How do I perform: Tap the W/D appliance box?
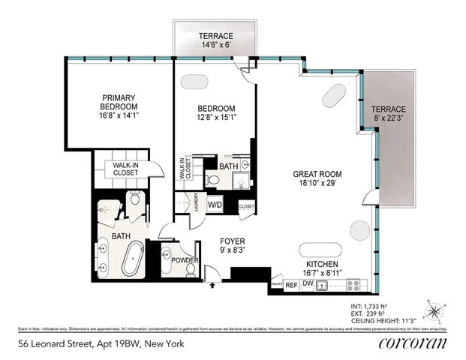(x=215, y=204)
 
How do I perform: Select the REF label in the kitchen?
(x=291, y=286)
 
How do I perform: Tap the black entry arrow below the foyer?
(x=212, y=286)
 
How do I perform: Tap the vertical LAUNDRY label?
(x=195, y=203)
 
